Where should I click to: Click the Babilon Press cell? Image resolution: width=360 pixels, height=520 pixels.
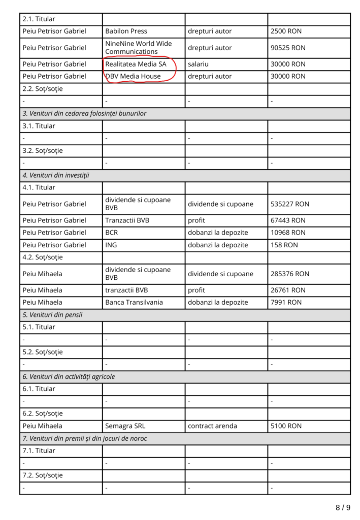click(126, 31)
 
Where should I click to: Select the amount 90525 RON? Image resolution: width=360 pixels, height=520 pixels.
click(288, 48)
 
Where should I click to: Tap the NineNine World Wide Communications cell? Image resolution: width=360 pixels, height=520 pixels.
click(138, 48)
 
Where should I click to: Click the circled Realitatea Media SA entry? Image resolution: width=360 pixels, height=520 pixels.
click(136, 64)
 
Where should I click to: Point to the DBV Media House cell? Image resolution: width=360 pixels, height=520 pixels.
click(133, 77)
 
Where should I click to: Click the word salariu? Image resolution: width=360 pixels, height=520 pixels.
click(198, 64)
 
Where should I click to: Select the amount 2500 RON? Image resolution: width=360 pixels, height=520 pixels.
click(286, 31)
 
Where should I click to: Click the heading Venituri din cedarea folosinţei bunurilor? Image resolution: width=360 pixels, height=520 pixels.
click(84, 114)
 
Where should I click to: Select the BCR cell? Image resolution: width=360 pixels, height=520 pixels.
click(112, 233)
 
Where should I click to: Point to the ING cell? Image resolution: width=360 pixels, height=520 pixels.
click(111, 245)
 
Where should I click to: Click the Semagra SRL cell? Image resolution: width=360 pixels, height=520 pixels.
click(125, 426)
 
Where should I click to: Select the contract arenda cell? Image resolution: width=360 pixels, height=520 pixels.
click(212, 426)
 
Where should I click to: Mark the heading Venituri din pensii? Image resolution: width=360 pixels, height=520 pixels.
click(52, 315)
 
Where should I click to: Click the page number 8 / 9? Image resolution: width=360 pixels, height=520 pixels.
click(343, 507)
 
